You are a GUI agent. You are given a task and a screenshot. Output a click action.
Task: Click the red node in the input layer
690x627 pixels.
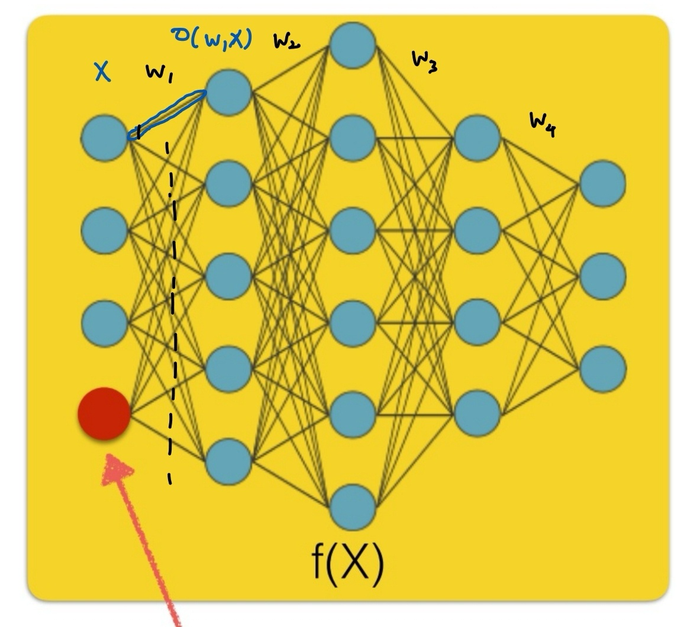coord(104,413)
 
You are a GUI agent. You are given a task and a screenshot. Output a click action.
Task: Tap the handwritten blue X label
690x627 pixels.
coord(103,72)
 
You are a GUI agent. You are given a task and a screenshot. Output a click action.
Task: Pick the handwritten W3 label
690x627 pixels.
coord(424,60)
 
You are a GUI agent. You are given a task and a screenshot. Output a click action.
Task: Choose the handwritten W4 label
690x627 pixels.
coord(543,124)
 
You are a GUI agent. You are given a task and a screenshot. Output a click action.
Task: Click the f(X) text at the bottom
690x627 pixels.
coord(348,562)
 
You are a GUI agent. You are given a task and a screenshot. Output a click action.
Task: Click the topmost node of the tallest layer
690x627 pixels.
coord(353,46)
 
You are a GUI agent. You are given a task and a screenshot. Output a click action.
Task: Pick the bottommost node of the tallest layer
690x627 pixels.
coord(353,507)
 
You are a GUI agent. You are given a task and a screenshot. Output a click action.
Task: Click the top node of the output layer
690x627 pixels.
coord(602,183)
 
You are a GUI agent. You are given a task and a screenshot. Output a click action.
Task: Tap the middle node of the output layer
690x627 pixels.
coord(602,276)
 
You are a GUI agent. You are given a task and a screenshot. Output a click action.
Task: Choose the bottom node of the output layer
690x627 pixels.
coord(602,368)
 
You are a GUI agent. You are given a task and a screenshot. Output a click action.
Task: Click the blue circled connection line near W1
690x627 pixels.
coord(167,113)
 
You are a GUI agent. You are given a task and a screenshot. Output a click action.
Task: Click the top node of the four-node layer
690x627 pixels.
coord(477,138)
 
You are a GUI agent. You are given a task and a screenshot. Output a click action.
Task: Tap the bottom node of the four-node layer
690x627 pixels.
coord(477,413)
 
